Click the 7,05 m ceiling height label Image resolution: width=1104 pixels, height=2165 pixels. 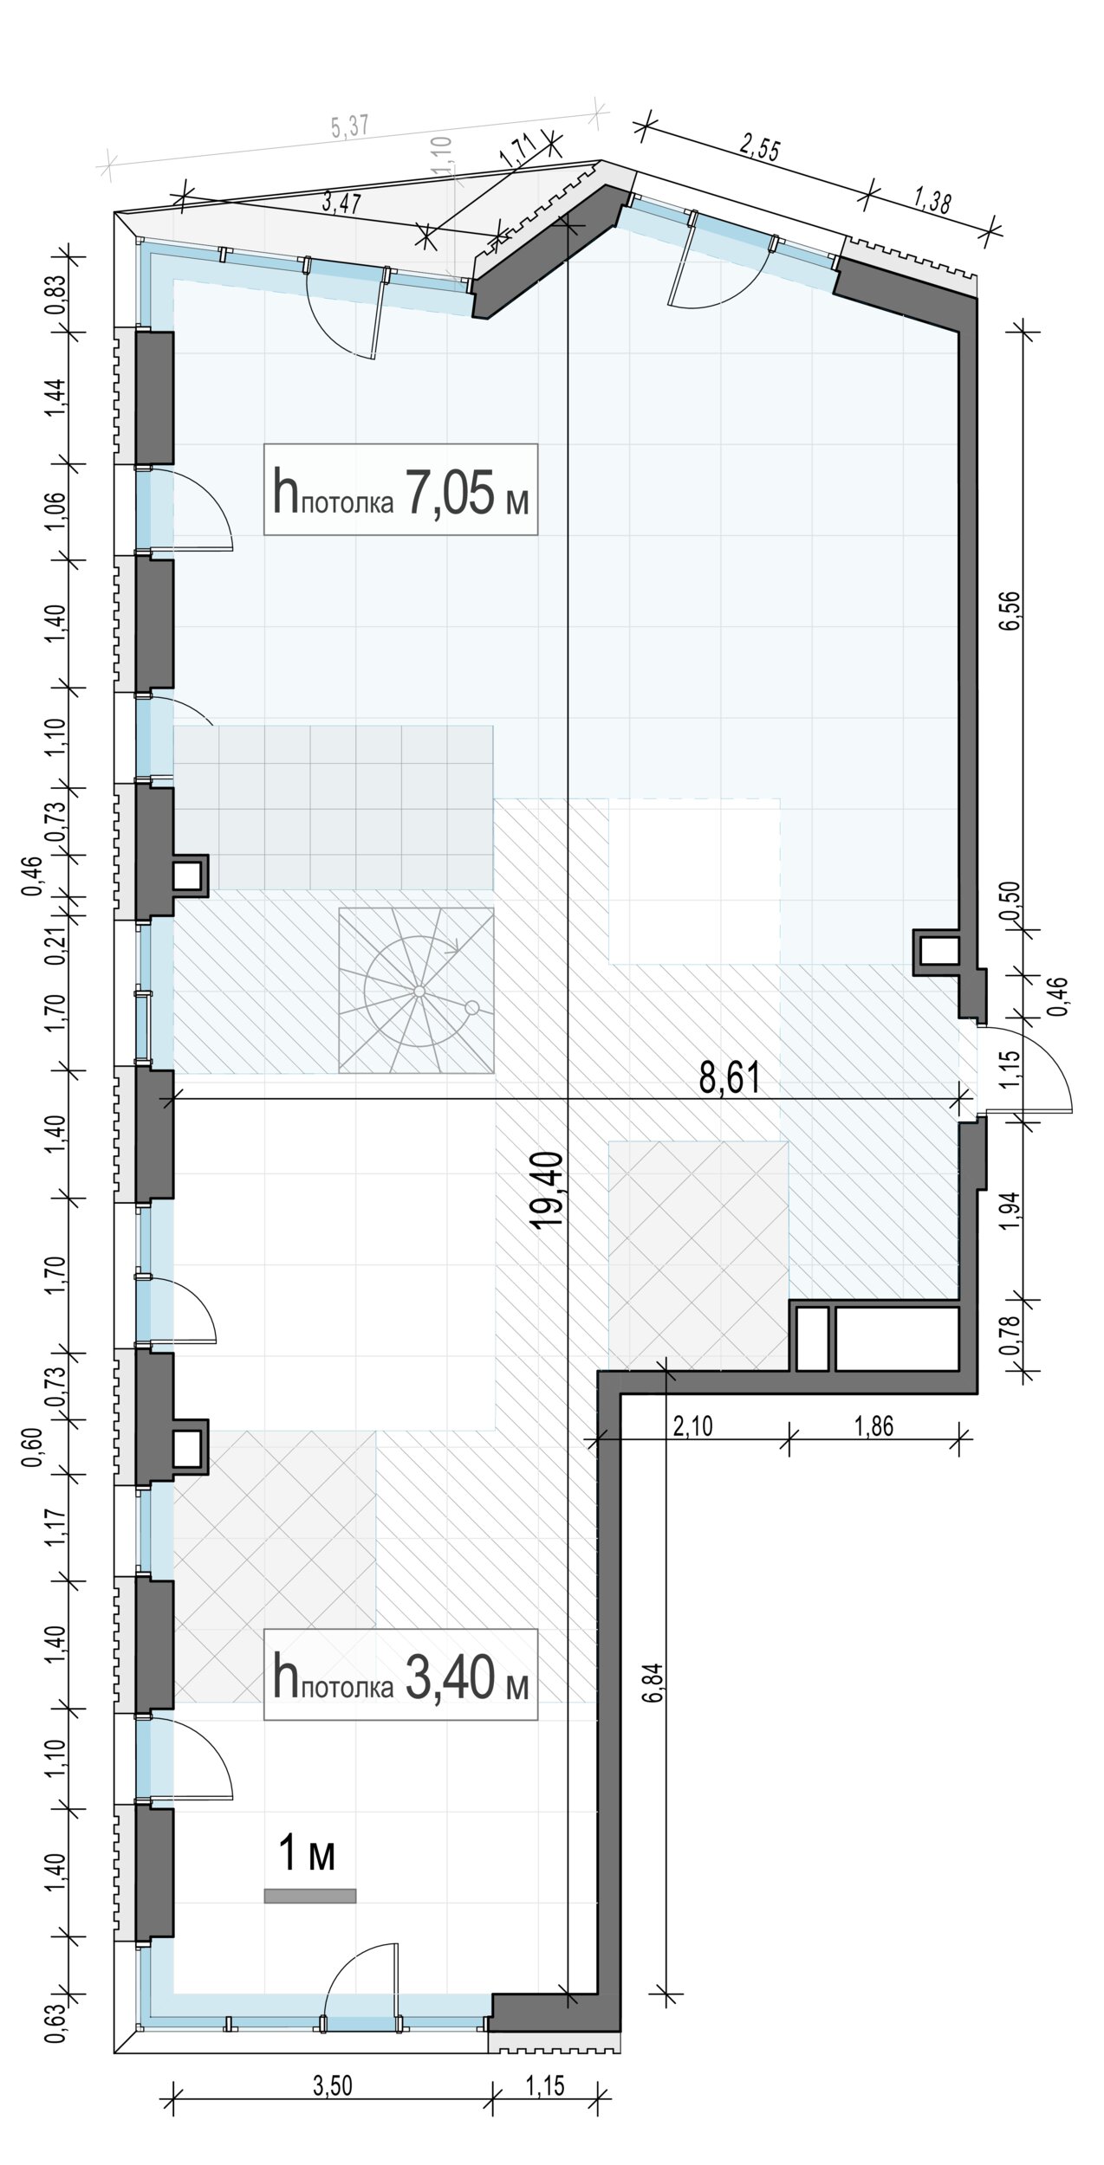click(x=400, y=490)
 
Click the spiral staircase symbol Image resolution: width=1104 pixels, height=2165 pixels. click(x=416, y=991)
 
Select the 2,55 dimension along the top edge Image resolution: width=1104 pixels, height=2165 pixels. click(x=759, y=148)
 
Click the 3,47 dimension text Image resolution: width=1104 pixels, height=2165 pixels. click(x=341, y=204)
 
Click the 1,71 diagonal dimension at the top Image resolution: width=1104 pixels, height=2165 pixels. click(x=517, y=156)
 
